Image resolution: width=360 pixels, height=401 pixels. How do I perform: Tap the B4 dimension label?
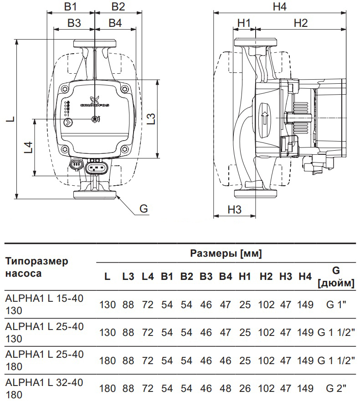click(115, 23)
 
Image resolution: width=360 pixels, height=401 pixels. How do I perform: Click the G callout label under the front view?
click(144, 208)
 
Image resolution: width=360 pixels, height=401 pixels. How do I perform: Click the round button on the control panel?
click(67, 122)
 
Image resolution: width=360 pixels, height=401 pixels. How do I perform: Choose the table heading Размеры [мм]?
click(226, 254)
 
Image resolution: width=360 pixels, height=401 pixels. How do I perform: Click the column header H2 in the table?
click(266, 276)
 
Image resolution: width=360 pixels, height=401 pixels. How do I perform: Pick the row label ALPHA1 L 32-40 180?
click(44, 388)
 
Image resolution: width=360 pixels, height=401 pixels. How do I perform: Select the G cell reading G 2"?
click(336, 388)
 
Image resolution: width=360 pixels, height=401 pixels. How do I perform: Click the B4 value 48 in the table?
click(225, 388)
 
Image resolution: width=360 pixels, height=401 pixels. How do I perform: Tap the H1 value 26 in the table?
click(245, 388)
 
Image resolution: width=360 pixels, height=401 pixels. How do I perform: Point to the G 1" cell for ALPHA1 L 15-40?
click(336, 305)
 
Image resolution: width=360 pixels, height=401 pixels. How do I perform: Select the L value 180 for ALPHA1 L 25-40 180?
click(108, 360)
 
